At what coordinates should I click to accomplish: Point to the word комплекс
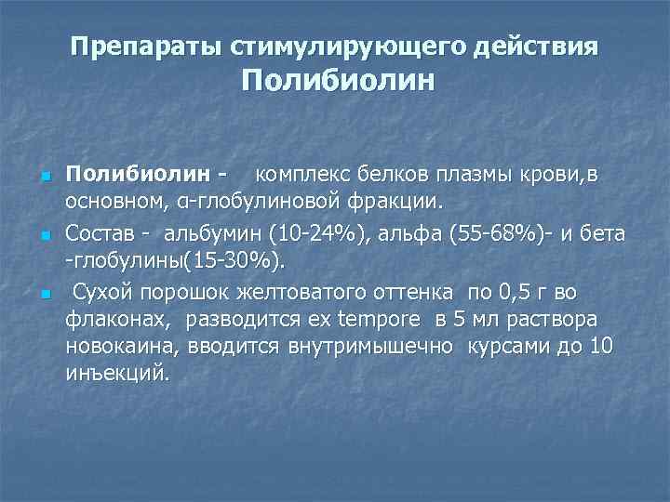coord(299,174)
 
